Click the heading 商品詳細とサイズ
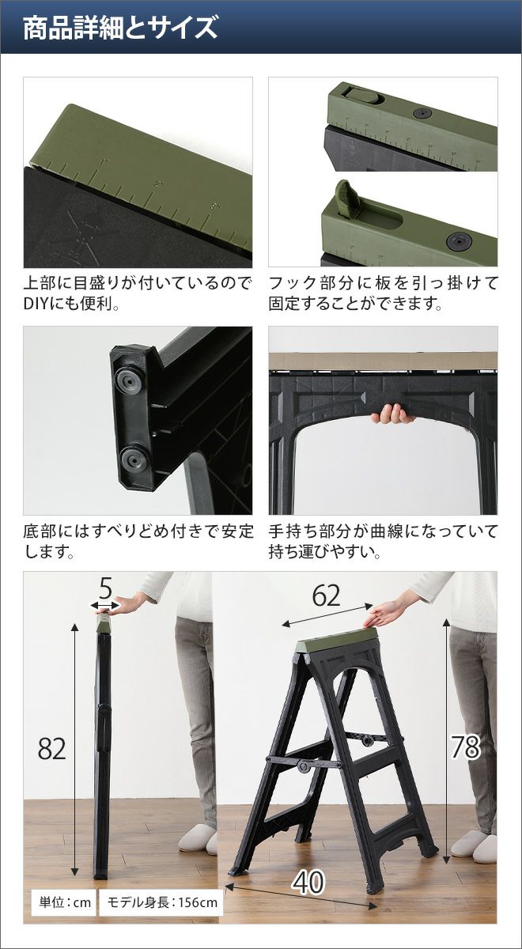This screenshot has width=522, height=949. (120, 28)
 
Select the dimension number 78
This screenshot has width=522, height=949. (465, 747)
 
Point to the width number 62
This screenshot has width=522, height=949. (326, 595)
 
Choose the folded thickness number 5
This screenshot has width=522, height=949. (105, 588)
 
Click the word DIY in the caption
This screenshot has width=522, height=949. (35, 304)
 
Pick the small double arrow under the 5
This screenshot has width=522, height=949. (105, 606)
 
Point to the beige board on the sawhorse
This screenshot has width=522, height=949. (383, 361)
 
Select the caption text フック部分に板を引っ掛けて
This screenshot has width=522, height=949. (383, 283)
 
